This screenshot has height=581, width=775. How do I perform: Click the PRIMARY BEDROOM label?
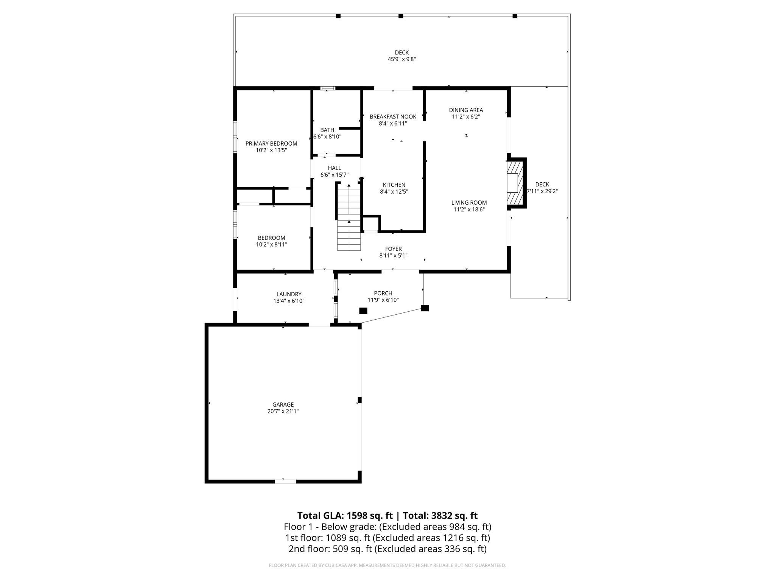pyautogui.click(x=271, y=143)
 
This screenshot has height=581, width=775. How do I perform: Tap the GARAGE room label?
pyautogui.click(x=283, y=404)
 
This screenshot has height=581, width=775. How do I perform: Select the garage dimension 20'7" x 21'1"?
pyautogui.click(x=283, y=411)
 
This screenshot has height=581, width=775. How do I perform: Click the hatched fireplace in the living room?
pyautogui.click(x=514, y=183)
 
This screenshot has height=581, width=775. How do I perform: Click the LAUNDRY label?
pyautogui.click(x=289, y=294)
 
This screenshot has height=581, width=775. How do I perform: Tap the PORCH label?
pyautogui.click(x=383, y=293)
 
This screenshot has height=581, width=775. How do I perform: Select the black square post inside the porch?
pyautogui.click(x=363, y=311)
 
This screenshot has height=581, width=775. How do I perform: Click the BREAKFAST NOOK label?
pyautogui.click(x=393, y=117)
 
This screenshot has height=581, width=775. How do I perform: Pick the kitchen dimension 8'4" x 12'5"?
pyautogui.click(x=394, y=191)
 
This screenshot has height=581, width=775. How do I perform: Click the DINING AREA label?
pyautogui.click(x=466, y=110)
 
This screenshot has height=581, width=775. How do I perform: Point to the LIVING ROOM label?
pyautogui.click(x=469, y=202)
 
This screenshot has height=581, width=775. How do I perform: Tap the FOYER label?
pyautogui.click(x=393, y=249)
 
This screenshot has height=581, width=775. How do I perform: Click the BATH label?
pyautogui.click(x=327, y=130)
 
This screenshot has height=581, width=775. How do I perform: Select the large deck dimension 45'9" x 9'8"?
pyautogui.click(x=402, y=59)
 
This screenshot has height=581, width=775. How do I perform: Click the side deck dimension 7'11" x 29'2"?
pyautogui.click(x=542, y=191)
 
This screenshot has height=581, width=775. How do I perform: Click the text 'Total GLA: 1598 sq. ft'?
pyautogui.click(x=345, y=516)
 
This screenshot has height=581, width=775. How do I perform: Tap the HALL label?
pyautogui.click(x=334, y=168)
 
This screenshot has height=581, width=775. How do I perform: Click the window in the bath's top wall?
pyautogui.click(x=328, y=88)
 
